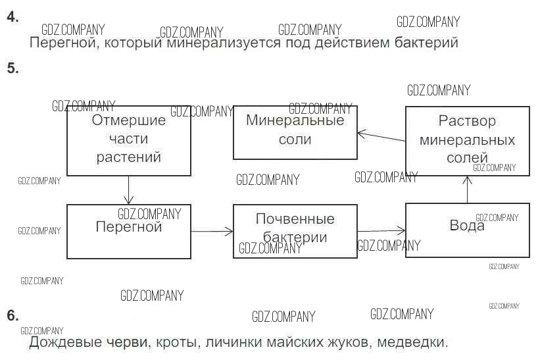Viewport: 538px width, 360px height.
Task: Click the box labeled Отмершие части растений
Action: [x=128, y=140]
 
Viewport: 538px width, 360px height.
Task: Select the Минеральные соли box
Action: [x=295, y=132]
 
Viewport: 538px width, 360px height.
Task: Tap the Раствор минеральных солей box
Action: [x=467, y=140]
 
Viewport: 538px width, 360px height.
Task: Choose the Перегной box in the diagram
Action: [x=128, y=230]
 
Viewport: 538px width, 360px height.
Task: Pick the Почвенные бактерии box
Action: [x=295, y=230]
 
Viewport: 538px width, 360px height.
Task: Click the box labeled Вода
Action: [x=467, y=230]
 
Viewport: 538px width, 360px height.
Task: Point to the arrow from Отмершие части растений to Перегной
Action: [x=129, y=190]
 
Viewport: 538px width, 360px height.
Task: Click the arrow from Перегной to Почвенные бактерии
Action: [x=212, y=230]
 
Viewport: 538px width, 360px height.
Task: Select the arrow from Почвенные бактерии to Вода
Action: [x=381, y=230]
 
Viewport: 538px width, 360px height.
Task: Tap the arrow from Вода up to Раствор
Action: [x=467, y=190]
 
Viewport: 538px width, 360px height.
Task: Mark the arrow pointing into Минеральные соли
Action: [x=381, y=137]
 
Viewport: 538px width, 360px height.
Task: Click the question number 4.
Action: [x=12, y=18]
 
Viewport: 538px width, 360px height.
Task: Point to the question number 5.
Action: [x=12, y=68]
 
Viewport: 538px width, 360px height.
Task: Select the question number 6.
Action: [x=12, y=315]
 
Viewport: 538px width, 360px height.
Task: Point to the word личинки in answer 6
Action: [x=230, y=343]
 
